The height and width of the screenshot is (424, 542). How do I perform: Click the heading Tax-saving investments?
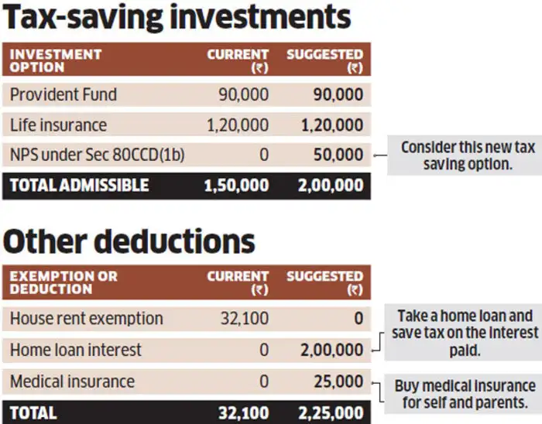(x=177, y=19)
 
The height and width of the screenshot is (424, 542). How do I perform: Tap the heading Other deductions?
(x=129, y=241)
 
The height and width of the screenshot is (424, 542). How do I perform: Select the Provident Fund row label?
(x=63, y=94)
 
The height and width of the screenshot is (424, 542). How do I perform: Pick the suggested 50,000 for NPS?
(x=338, y=155)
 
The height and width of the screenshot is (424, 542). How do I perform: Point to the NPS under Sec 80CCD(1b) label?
(x=98, y=155)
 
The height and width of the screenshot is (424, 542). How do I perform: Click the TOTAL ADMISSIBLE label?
(x=79, y=186)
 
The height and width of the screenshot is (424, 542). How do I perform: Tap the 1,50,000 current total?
(x=235, y=186)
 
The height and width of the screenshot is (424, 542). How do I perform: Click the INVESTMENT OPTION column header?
(x=56, y=60)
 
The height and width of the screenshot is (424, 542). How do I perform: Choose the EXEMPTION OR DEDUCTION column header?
(x=63, y=282)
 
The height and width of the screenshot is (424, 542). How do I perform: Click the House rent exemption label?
(x=87, y=318)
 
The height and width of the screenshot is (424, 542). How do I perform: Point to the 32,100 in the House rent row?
(x=244, y=318)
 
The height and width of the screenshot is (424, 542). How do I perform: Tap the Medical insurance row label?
(x=72, y=381)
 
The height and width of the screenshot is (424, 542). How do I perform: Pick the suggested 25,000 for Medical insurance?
(x=338, y=381)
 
